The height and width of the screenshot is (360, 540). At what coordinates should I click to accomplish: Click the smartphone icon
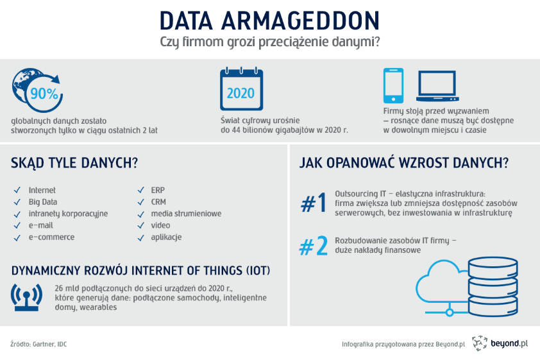tap(393, 85)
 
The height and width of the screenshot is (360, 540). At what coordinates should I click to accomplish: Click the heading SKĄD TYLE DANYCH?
tap(74, 163)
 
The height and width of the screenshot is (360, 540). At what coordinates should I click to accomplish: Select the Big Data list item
tap(44, 202)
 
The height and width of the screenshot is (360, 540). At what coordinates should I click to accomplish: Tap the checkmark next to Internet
tap(16, 191)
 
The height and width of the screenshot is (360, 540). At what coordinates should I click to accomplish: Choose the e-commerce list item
tap(51, 237)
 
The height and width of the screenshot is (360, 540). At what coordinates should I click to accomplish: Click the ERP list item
tap(158, 191)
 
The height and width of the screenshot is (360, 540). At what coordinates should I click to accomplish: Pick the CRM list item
tap(158, 202)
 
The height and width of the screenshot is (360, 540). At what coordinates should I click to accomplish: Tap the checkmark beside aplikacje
tap(139, 237)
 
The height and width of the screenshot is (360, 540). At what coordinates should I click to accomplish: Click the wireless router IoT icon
tap(26, 296)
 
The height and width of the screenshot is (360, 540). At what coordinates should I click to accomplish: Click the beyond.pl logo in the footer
tap(500, 344)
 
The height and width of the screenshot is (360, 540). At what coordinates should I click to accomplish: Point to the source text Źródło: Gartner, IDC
tap(38, 345)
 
